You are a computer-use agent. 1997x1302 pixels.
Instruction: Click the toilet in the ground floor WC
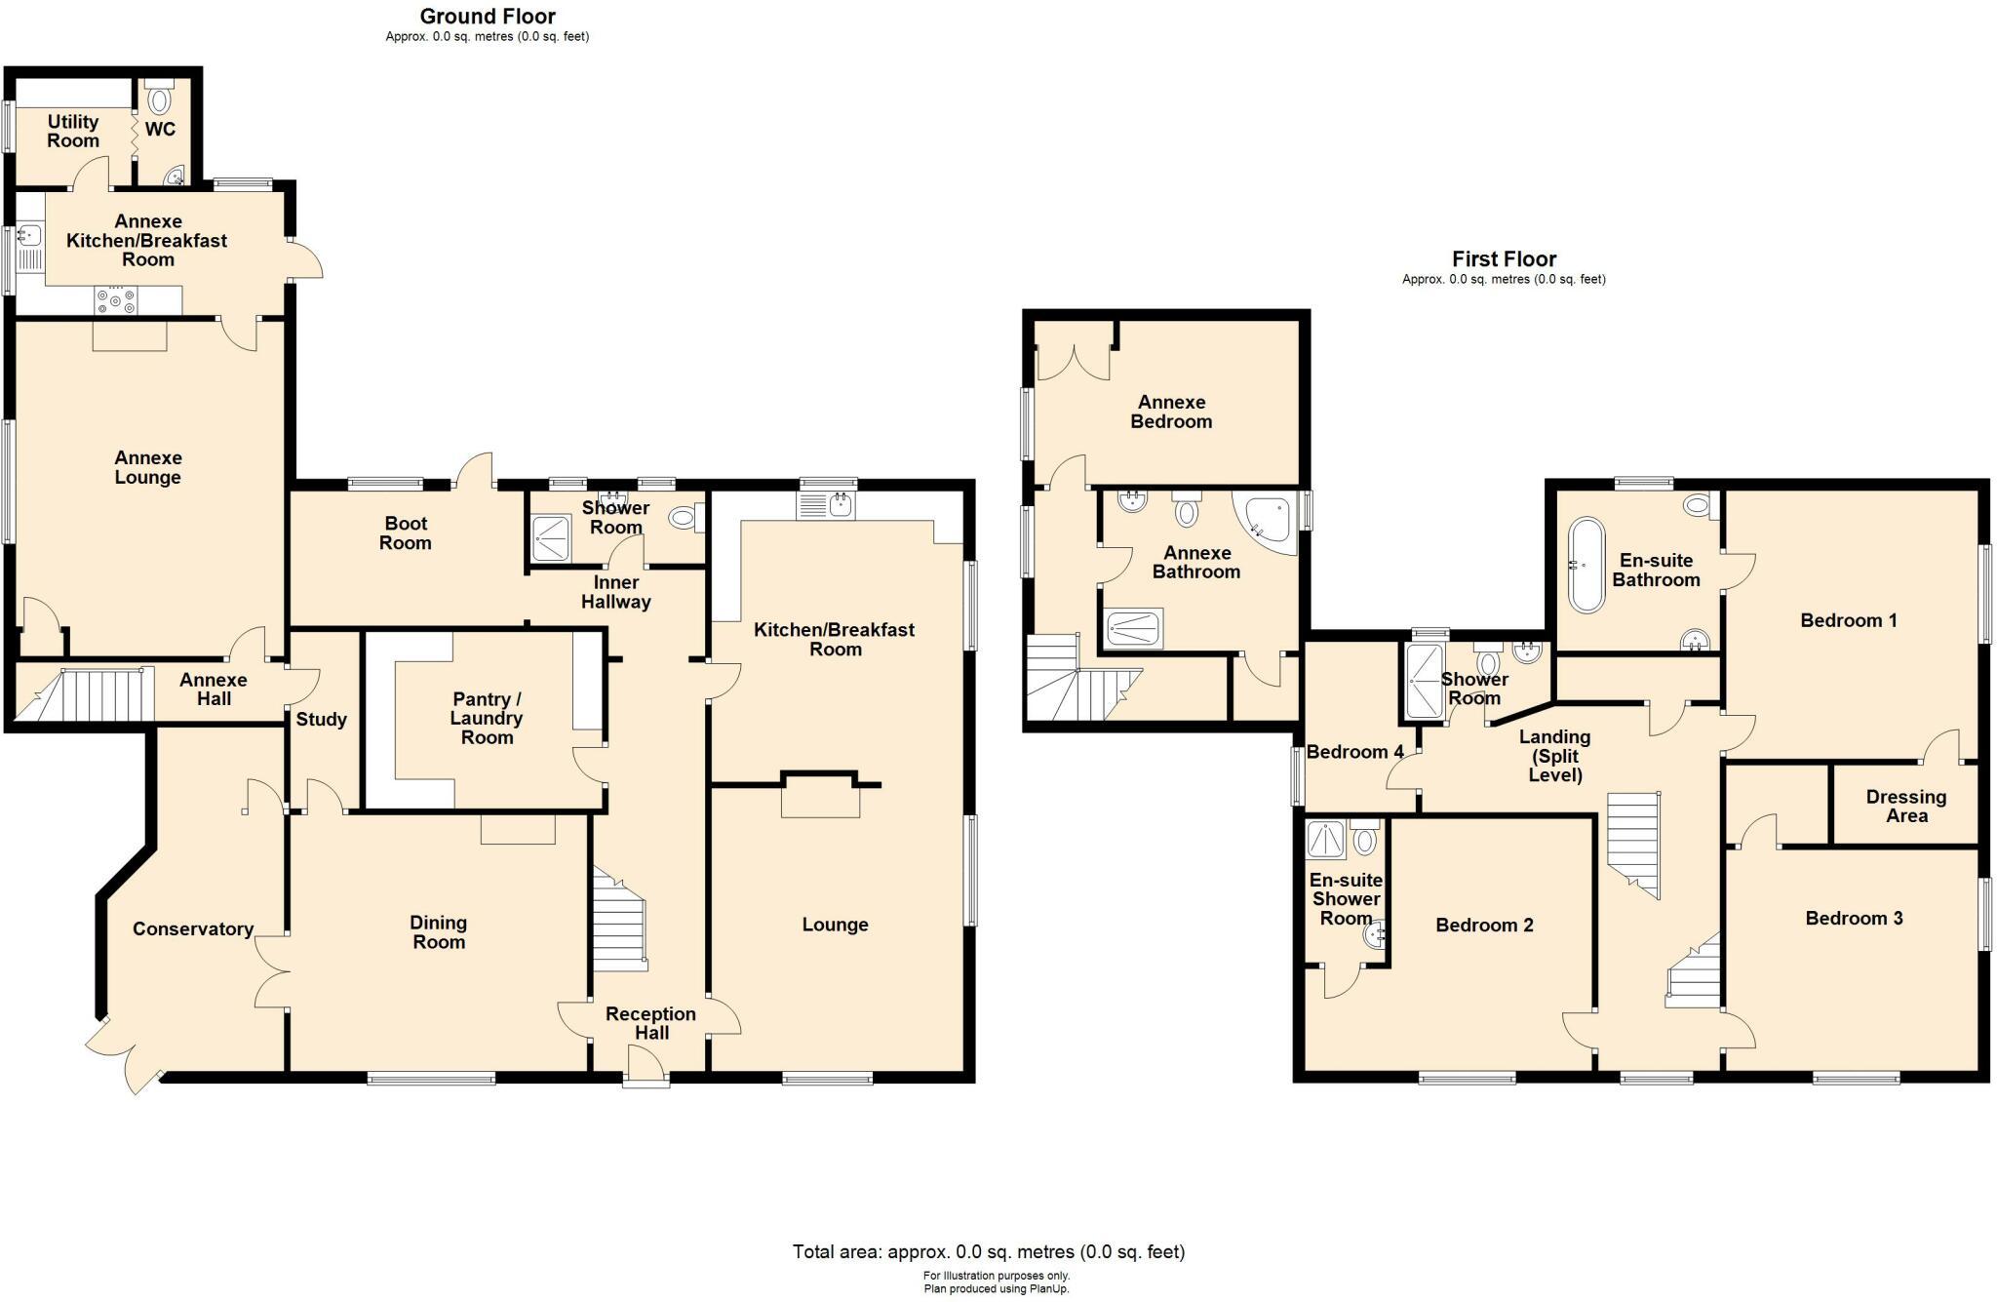159,99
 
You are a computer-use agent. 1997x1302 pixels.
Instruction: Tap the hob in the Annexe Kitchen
115,301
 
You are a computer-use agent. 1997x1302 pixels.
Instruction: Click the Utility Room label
73,131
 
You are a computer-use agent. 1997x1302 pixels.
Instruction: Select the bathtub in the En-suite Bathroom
1586,565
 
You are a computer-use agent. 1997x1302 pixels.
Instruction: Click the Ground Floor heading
488,16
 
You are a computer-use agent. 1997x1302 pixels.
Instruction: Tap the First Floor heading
1504,258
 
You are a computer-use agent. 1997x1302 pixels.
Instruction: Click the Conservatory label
193,928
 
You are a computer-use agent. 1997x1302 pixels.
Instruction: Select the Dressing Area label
1905,807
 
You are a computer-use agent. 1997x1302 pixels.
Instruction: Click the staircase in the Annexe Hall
98,694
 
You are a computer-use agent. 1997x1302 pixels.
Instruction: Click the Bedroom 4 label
1354,751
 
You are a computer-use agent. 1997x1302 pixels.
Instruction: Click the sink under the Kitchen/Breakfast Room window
826,505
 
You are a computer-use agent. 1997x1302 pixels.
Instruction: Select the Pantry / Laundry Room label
487,718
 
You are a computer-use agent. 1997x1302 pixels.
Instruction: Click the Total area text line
988,1251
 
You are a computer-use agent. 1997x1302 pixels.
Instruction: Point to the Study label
321,719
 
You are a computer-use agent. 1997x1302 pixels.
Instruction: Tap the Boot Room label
406,533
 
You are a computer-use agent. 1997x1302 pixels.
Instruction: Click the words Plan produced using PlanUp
997,1288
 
